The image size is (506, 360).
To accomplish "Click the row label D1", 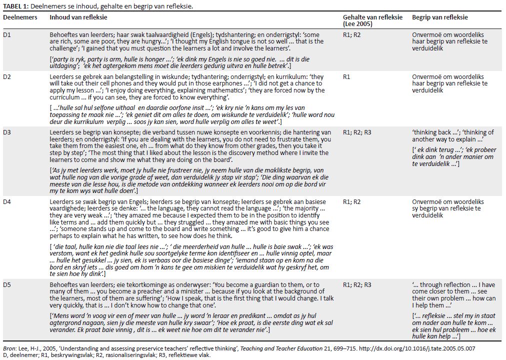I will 7,35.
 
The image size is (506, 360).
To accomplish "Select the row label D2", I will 7,77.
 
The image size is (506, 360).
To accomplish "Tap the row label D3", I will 7,132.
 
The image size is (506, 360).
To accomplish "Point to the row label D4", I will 7,201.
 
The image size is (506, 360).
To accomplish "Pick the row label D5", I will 7,285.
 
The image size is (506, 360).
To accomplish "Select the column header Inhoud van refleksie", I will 78,17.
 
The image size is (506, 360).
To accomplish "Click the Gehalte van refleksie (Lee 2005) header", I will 372,20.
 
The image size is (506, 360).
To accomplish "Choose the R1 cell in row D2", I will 346,77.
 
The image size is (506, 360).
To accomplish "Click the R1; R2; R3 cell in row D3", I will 357,132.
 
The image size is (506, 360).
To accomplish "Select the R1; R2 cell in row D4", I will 351,201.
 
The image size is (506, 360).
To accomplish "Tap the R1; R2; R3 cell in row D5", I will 357,285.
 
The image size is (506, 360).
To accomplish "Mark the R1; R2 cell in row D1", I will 351,35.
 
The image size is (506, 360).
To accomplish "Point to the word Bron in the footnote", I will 9,348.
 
